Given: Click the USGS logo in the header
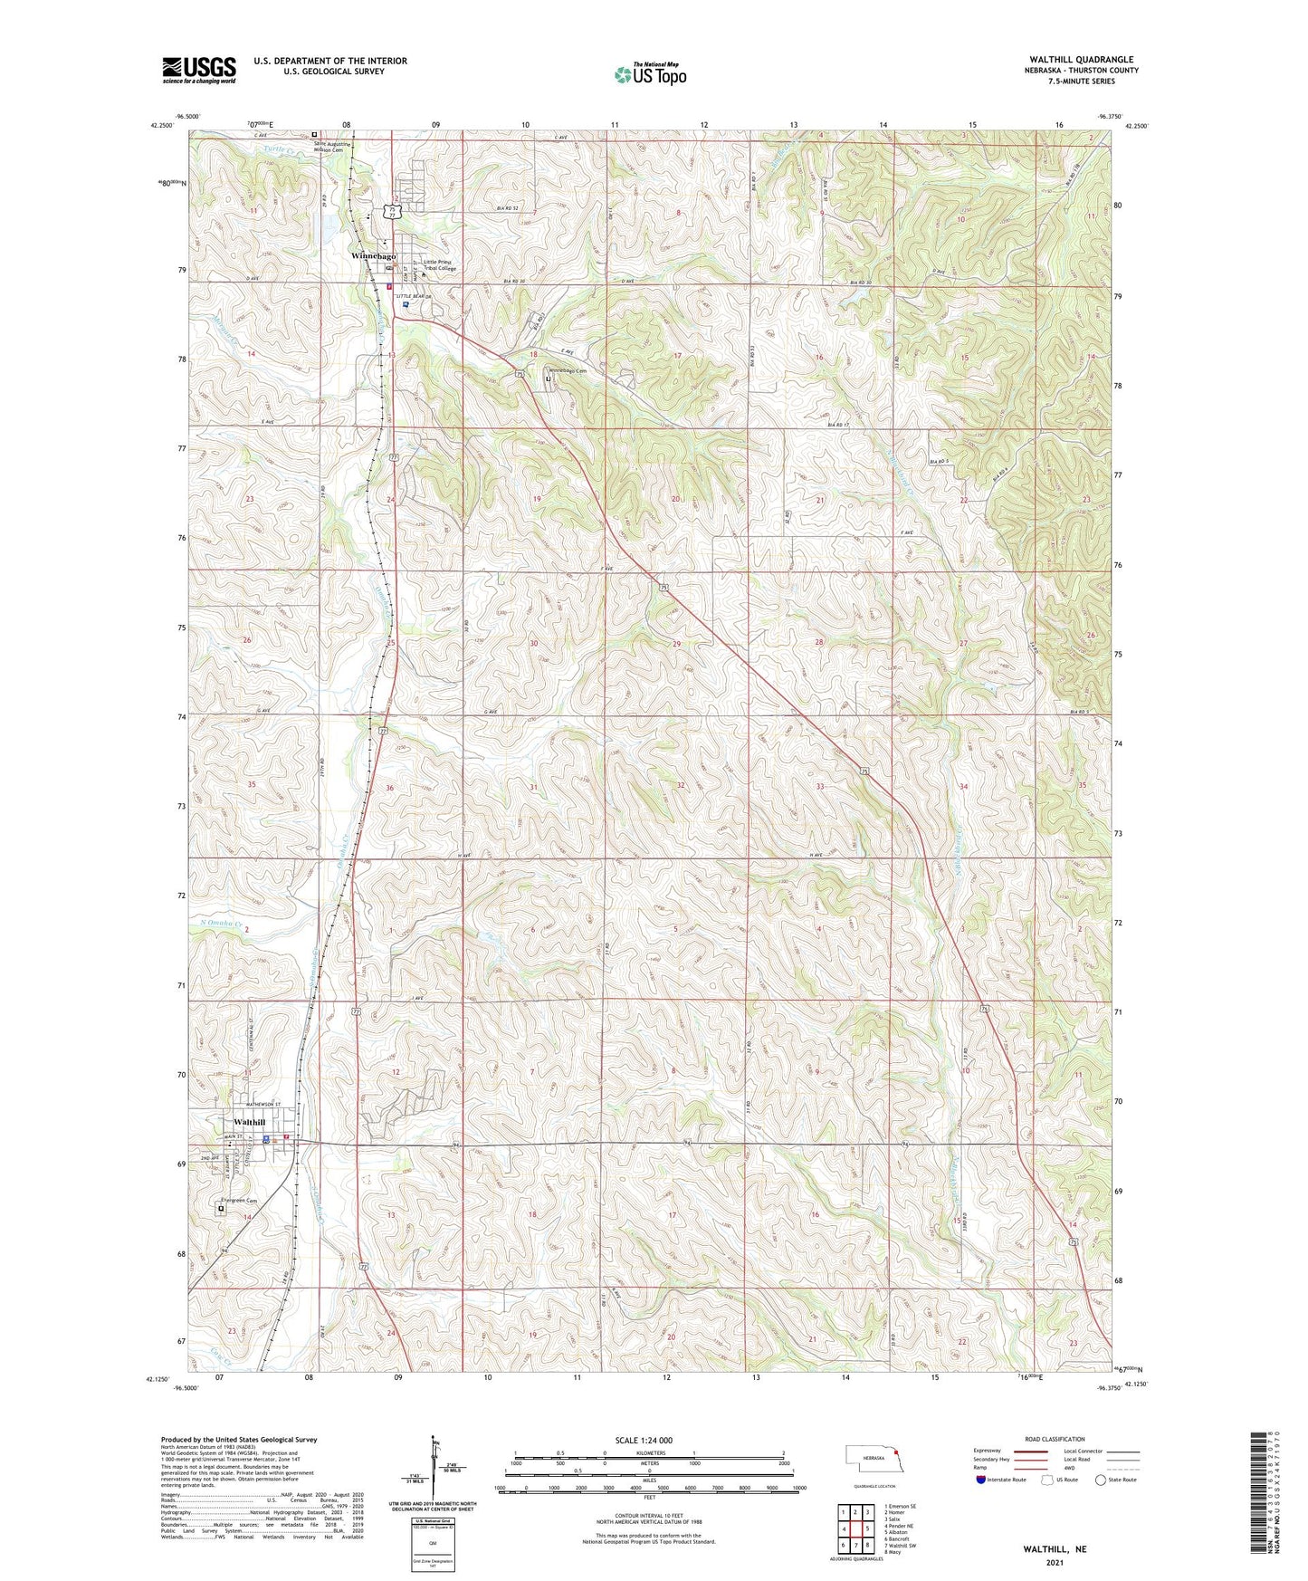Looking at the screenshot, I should pos(198,70).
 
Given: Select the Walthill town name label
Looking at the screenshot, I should pos(250,1122).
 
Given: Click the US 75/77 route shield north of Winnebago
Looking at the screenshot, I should pos(391,211).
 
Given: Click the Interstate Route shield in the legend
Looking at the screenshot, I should pos(982,1480).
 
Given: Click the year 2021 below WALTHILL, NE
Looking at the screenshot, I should pos(1055,1562).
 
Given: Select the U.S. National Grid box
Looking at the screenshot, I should pos(433,1544).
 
